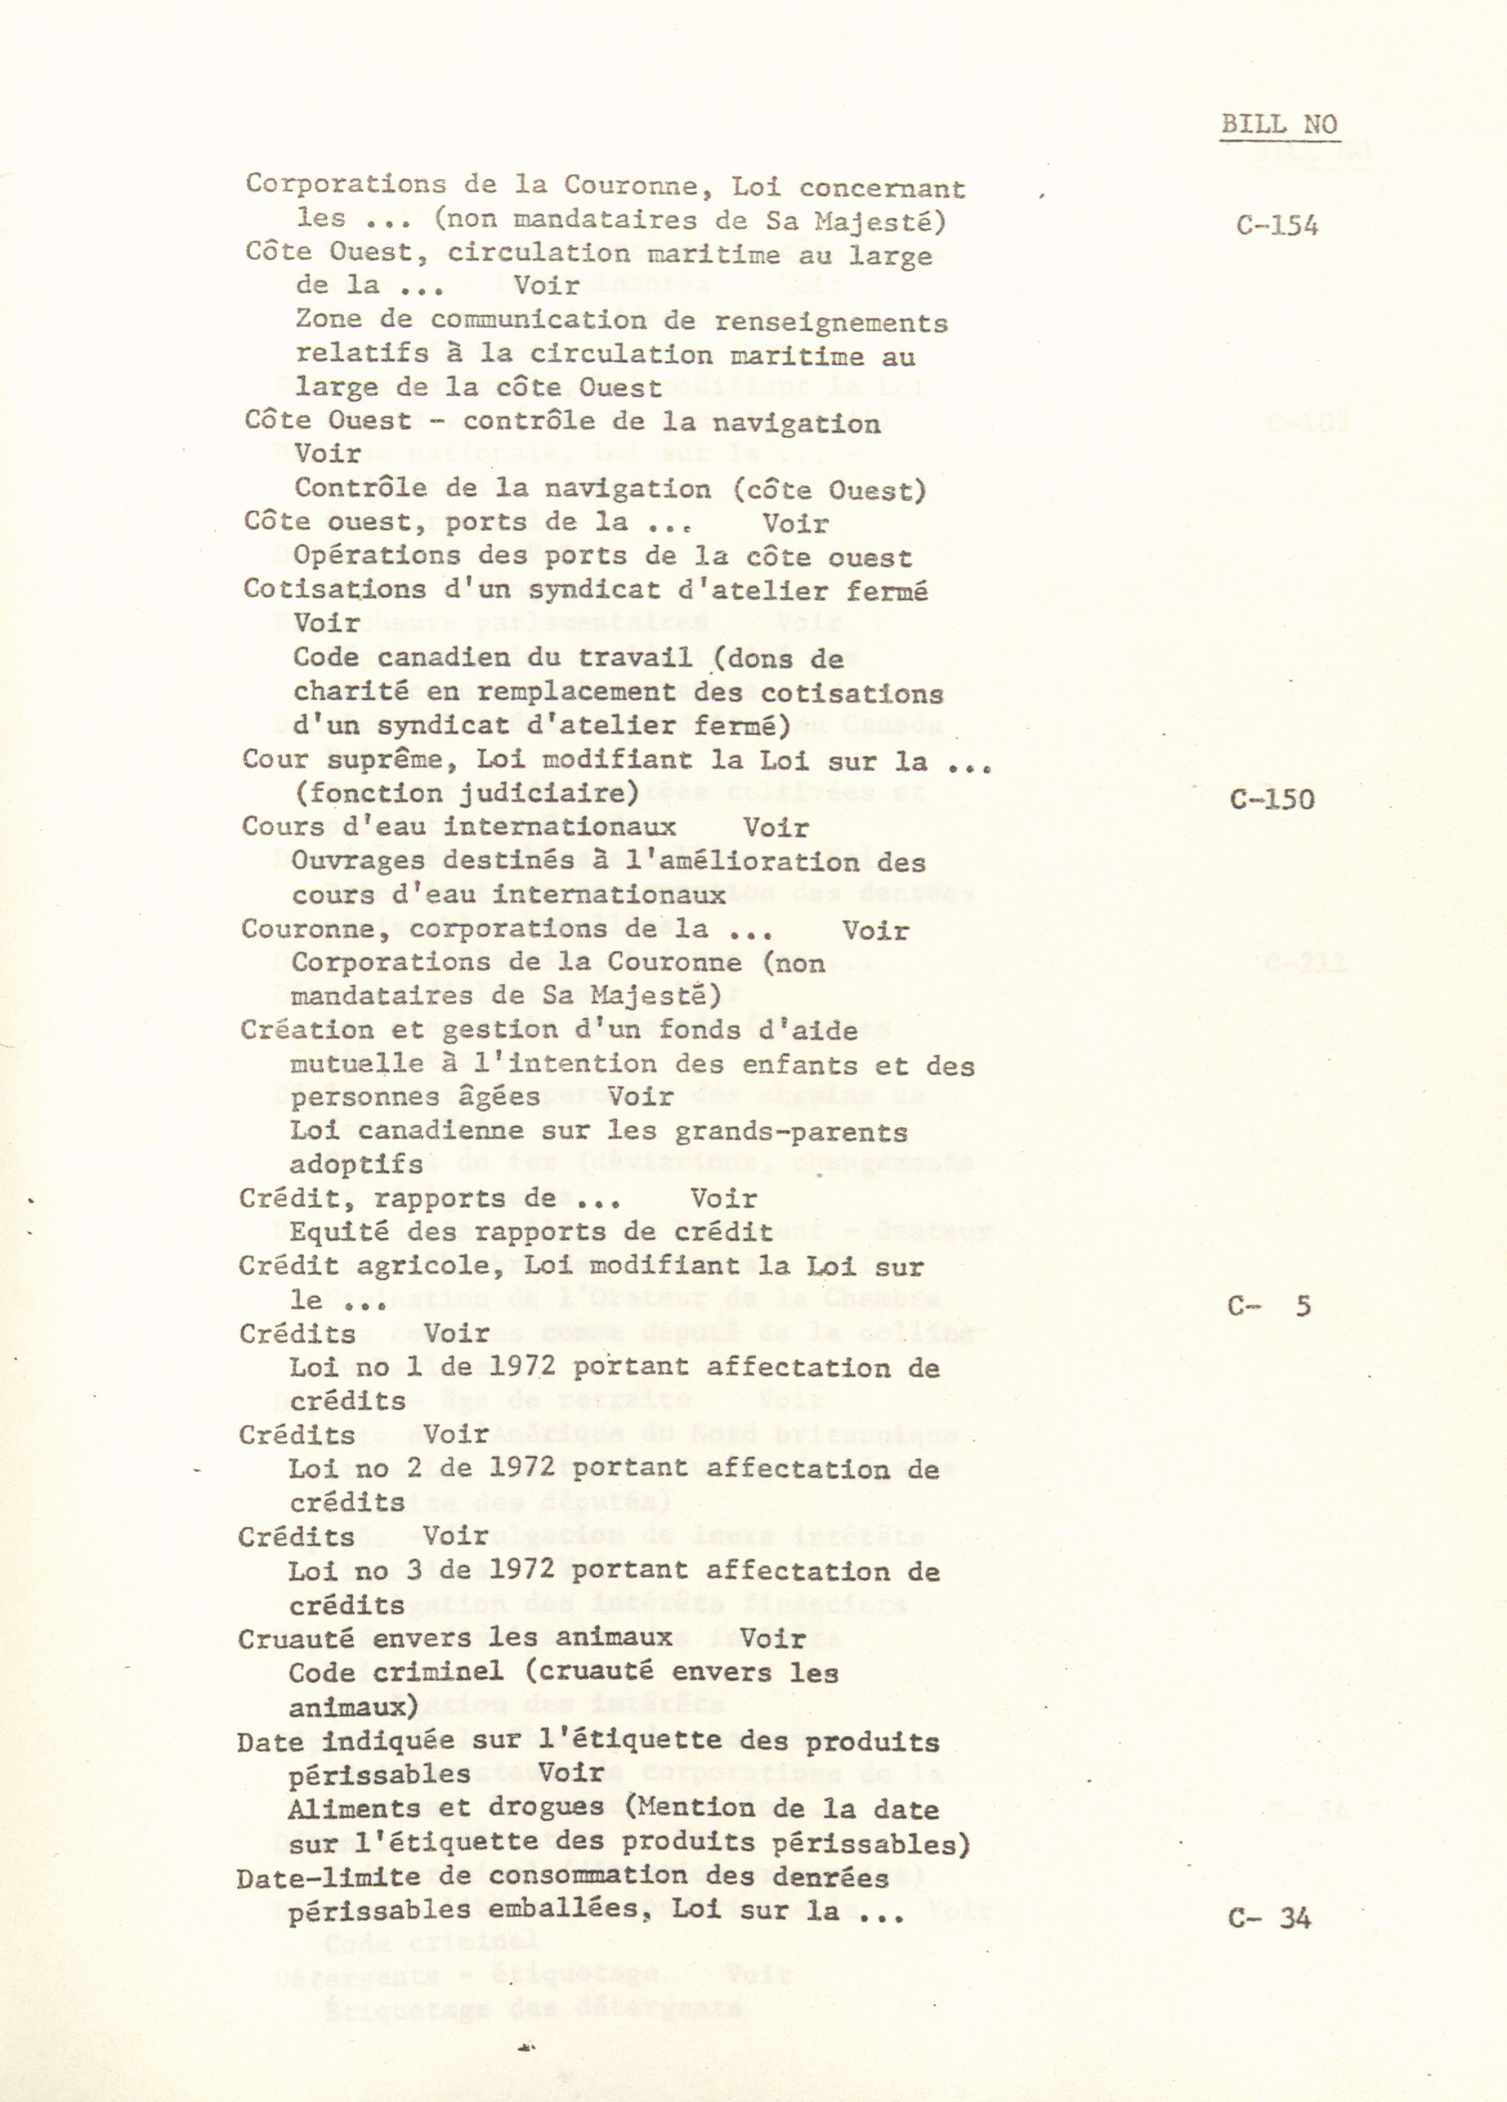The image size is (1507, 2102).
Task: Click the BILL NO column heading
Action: pos(1279,124)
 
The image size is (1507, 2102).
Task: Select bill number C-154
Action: pos(1276,225)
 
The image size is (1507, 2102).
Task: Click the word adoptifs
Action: pos(356,1165)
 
